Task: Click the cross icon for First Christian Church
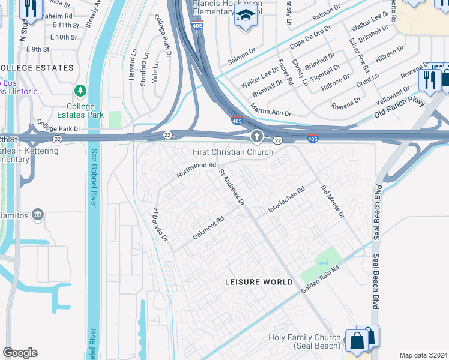point(257,137)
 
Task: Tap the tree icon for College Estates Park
point(80,91)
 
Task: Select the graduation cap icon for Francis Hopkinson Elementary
point(245,16)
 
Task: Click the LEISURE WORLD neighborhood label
point(259,282)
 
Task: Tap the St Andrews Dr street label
point(232,187)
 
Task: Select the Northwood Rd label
point(196,170)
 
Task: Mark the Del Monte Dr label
point(333,201)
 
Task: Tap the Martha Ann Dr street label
point(270,110)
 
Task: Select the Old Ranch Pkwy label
point(400,109)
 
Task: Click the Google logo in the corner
point(20,353)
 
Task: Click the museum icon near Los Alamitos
point(38,214)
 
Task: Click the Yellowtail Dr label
point(393,95)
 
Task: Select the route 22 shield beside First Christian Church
point(277,140)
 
